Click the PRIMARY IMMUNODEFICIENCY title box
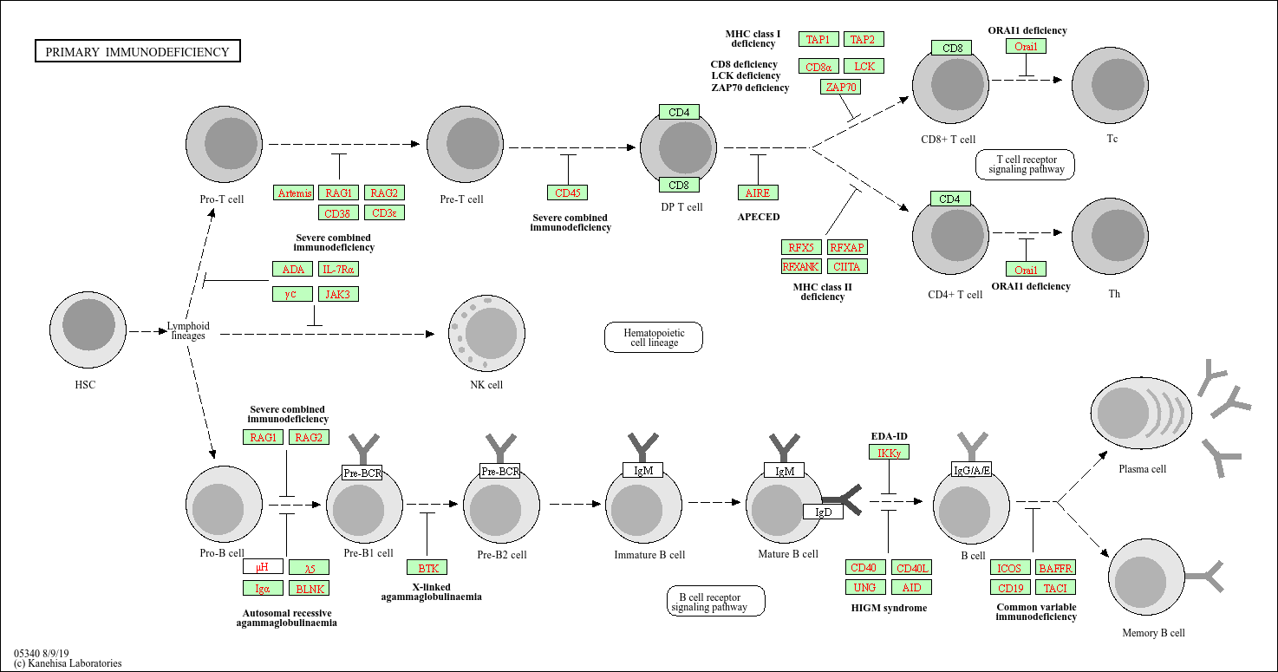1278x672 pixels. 137,52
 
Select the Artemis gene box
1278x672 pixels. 294,192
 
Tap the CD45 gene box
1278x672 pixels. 567,192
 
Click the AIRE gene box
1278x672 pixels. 758,192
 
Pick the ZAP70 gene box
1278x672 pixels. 840,87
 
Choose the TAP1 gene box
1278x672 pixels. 818,39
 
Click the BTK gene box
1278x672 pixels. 427,568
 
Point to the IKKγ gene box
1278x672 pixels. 889,453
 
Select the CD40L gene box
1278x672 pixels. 912,568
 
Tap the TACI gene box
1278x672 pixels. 1055,588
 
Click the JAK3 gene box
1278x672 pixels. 338,294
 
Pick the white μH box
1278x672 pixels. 263,568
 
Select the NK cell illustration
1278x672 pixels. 486,334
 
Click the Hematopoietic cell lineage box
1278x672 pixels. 653,337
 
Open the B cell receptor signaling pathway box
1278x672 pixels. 715,601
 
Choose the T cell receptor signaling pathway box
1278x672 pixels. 1025,164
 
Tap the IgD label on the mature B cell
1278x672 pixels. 823,512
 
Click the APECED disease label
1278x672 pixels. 758,217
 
